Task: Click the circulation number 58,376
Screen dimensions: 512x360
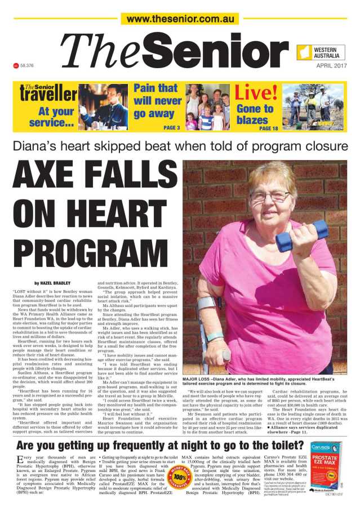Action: (27, 65)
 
